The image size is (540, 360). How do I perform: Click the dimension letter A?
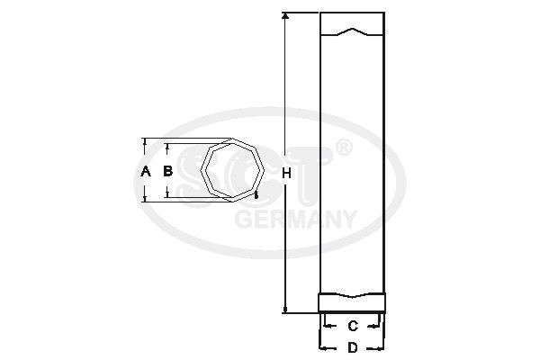[146, 169]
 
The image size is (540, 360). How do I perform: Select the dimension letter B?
[166, 169]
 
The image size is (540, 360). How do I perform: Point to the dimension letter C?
[353, 325]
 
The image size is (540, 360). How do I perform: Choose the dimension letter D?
[353, 347]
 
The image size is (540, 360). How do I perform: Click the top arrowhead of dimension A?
[146, 142]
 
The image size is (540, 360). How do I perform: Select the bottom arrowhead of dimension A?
[146, 199]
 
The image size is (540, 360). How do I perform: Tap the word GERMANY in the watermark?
[295, 219]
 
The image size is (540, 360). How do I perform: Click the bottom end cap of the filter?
[353, 304]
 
